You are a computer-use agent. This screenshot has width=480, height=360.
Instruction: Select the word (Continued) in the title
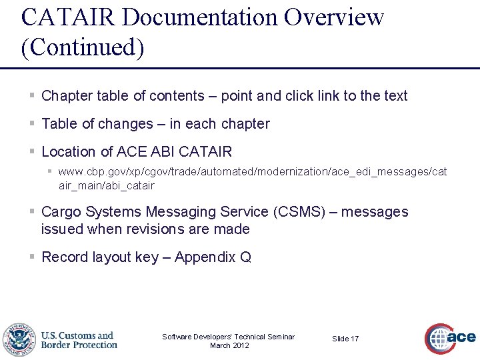click(83, 49)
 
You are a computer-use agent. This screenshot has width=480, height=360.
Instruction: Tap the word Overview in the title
click(334, 17)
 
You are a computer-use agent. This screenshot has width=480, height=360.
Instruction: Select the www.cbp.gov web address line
click(253, 172)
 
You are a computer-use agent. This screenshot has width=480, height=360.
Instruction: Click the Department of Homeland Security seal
click(19, 340)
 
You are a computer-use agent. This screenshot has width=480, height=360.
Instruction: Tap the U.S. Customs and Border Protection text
click(79, 340)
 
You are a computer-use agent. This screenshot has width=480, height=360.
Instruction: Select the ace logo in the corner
click(450, 338)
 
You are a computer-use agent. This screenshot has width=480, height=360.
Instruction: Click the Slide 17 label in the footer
click(345, 339)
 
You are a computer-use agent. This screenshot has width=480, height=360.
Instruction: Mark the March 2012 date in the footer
click(229, 345)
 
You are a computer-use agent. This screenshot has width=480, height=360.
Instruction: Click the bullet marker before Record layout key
click(32, 257)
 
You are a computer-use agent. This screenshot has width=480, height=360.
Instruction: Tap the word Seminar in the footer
click(280, 337)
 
